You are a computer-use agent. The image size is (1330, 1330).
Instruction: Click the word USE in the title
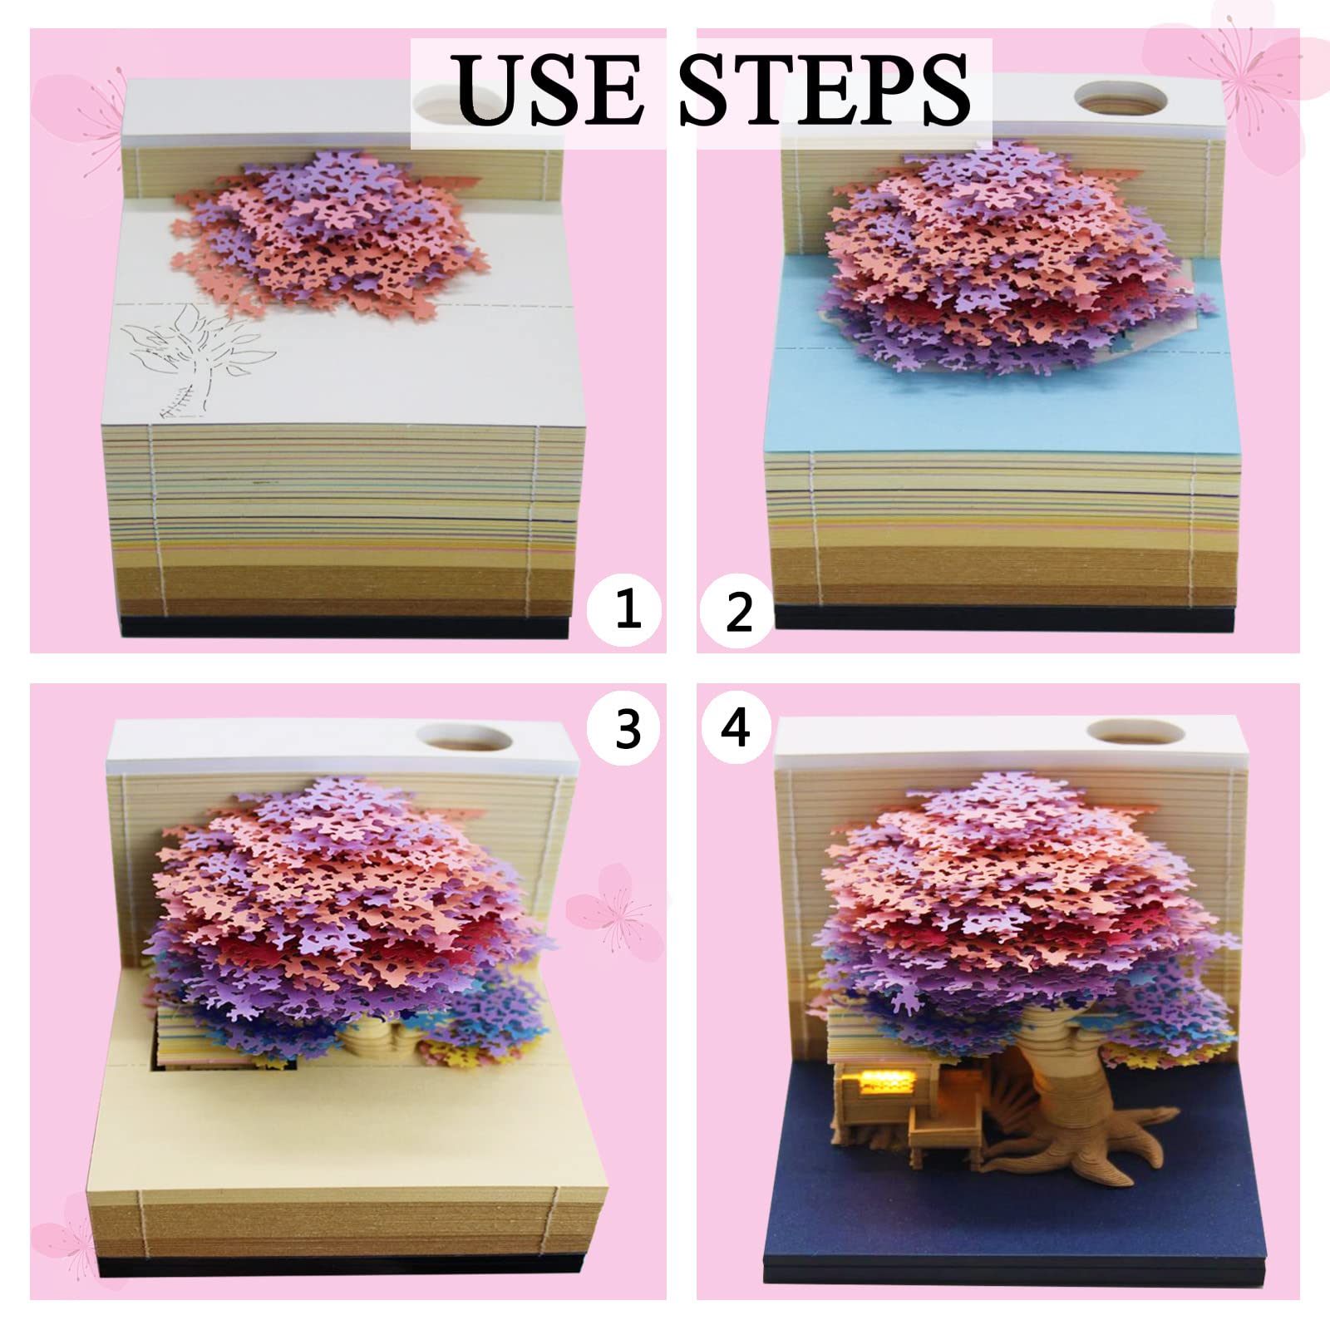tap(549, 90)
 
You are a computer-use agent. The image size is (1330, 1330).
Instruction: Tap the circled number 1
tap(628, 608)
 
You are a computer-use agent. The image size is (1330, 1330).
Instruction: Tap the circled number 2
tap(738, 613)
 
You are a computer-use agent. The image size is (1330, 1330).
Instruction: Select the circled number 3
tap(628, 728)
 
